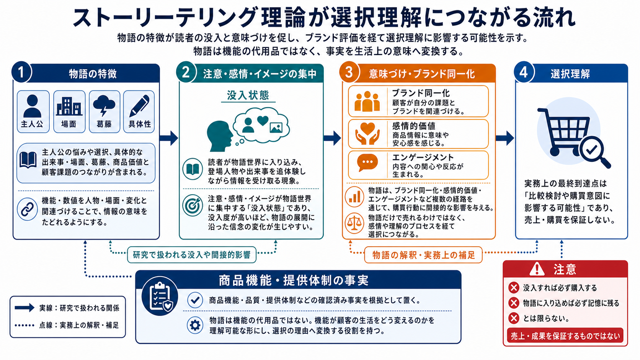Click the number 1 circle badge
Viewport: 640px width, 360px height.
[21, 72]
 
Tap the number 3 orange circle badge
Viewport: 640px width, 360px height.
[349, 72]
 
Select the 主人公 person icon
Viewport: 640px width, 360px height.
[32, 106]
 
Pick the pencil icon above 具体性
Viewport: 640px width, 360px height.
[139, 106]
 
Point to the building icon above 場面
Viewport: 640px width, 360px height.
[69, 106]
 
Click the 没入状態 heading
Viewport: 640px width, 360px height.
[248, 95]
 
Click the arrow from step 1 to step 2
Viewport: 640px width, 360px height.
[169, 138]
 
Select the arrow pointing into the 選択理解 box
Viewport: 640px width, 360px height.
[505, 138]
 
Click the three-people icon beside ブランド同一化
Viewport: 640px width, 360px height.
[367, 101]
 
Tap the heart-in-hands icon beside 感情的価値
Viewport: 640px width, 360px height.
[367, 134]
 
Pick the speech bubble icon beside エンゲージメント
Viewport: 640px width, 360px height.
[367, 163]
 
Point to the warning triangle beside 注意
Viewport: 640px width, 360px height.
[537, 269]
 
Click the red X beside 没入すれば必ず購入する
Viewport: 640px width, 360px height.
[514, 288]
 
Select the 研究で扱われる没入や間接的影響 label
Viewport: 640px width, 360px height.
[191, 255]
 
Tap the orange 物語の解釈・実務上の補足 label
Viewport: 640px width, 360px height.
[423, 255]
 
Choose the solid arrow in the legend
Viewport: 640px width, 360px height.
[24, 308]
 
